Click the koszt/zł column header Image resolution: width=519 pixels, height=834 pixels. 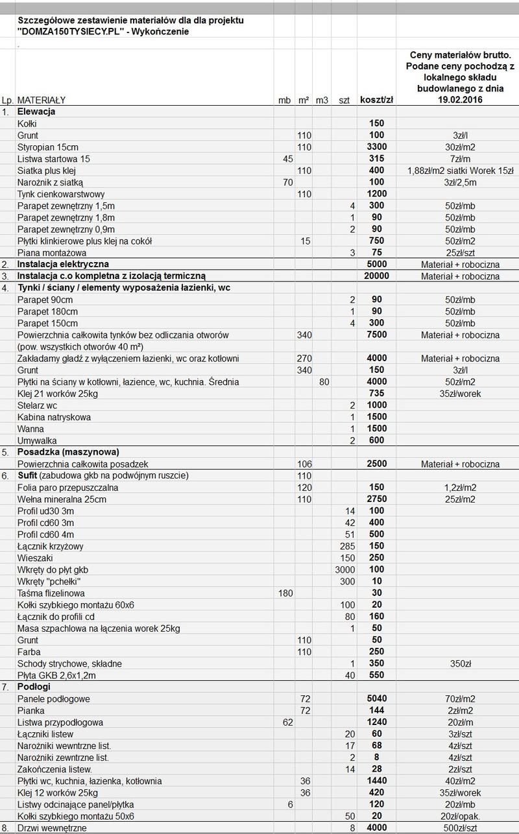pos(376,101)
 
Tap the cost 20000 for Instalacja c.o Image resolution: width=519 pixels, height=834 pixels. pos(376,276)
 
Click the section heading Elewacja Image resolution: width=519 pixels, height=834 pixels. pos(36,112)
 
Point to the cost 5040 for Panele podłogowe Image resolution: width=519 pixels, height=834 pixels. pos(376,699)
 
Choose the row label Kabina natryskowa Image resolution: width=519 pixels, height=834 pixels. pos(54,417)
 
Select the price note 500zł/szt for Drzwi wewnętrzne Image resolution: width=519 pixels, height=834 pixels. pos(461,828)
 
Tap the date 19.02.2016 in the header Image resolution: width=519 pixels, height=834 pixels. pos(461,101)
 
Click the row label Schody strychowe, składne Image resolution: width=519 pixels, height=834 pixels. pos(69,663)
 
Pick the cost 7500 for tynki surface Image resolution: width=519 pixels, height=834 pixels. pos(376,335)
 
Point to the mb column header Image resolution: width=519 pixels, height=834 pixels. pos(284,101)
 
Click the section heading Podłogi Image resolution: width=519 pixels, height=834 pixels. pos(34,686)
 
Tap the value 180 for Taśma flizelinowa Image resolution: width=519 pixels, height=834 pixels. pos(285,593)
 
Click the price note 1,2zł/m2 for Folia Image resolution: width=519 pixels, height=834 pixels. pos(461,488)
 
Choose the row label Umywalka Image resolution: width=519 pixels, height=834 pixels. pos(38,440)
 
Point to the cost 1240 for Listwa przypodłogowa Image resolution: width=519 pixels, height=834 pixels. pos(376,722)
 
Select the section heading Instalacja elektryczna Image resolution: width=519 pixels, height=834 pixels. pos(63,265)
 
